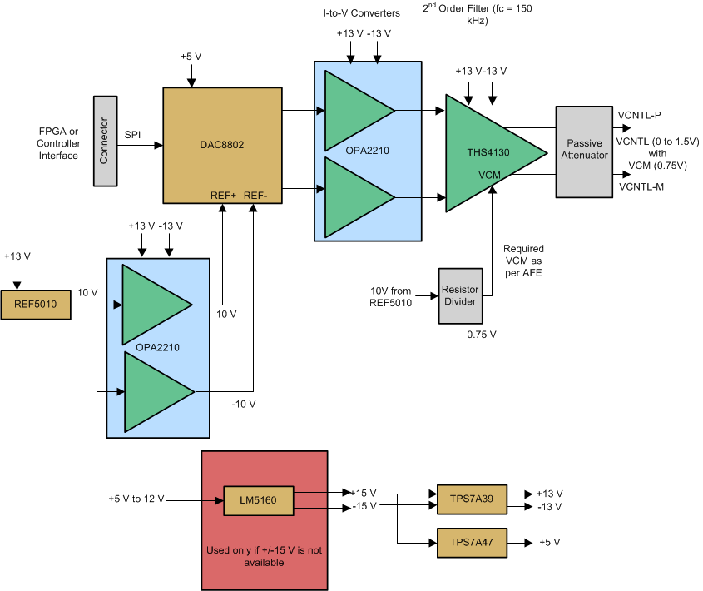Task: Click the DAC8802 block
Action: coord(221,143)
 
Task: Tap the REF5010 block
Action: coord(35,304)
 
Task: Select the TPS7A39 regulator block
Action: coord(471,499)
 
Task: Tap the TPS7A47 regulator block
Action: coord(471,543)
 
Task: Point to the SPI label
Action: coord(134,134)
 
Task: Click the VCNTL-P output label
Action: coord(640,114)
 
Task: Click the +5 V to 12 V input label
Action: coord(136,499)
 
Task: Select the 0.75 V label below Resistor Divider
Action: coord(482,335)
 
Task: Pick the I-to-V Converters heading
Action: coord(362,13)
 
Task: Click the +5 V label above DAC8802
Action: coord(192,57)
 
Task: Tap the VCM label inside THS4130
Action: coord(490,175)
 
